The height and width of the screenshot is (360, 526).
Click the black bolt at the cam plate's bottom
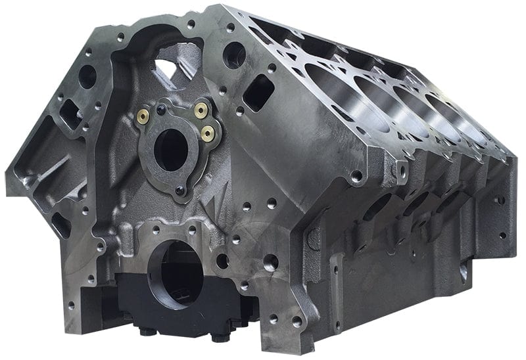pyautogui.click(x=179, y=191)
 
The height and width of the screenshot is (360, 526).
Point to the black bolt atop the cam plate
pyautogui.click(x=160, y=102)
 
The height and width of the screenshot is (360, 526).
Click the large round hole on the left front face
pyautogui.click(x=87, y=76)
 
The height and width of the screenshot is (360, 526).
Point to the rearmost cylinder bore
pyautogui.click(x=460, y=122)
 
